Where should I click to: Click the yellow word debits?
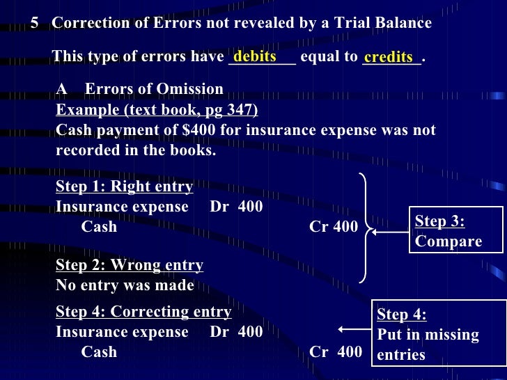click(256, 56)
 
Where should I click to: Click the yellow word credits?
click(388, 57)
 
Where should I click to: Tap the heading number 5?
click(35, 23)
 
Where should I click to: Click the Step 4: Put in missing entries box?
click(439, 335)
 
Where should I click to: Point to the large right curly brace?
click(364, 228)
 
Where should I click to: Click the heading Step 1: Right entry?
click(124, 187)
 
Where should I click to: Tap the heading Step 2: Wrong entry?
click(130, 265)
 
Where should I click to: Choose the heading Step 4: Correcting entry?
click(143, 311)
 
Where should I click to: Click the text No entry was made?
click(125, 285)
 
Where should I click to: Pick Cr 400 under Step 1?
click(334, 227)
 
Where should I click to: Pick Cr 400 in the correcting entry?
click(336, 352)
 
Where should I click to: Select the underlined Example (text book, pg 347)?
click(157, 110)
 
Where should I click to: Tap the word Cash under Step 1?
click(99, 227)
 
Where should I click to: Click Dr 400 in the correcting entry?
click(236, 331)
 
